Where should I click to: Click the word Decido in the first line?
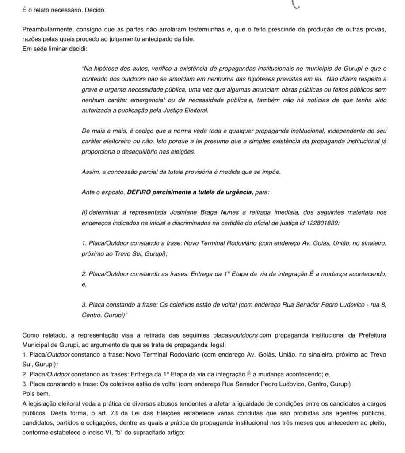[x=96, y=10]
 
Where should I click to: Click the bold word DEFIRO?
[x=140, y=193]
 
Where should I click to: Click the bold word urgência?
[x=238, y=193]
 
